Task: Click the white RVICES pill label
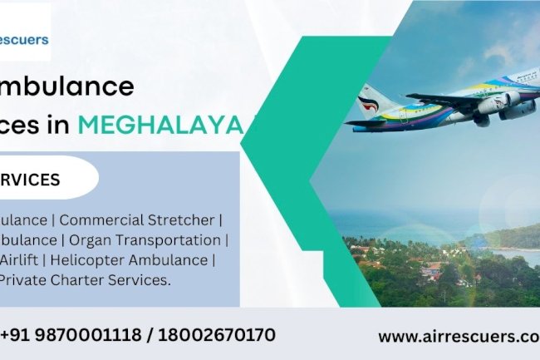click(33, 180)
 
